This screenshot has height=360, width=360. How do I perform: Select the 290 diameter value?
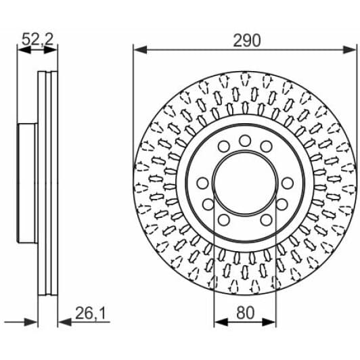[x=246, y=40]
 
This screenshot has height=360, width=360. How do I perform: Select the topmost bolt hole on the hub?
[x=244, y=140]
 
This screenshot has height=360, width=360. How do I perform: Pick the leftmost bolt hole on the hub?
[x=202, y=184]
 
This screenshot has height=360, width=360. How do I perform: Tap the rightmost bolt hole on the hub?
[x=287, y=183]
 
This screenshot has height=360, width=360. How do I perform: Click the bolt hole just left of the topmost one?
[x=223, y=146]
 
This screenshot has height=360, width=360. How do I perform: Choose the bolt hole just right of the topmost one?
[x=266, y=146]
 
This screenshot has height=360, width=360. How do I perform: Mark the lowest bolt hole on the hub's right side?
[x=266, y=219]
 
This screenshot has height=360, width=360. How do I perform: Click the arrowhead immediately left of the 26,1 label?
[x=62, y=321]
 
